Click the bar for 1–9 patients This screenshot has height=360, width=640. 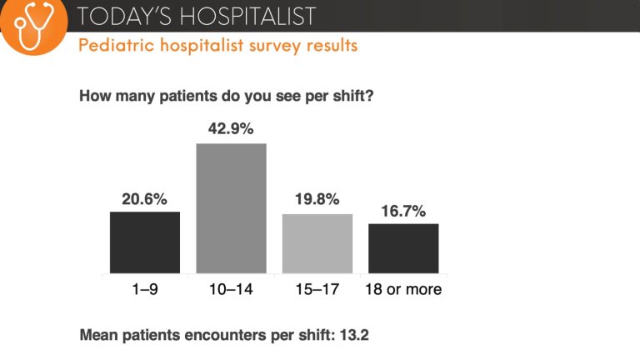click(145, 242)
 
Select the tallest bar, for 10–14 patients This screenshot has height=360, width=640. click(231, 208)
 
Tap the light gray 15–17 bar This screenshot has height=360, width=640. click(317, 243)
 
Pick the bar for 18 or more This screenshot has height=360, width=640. click(403, 248)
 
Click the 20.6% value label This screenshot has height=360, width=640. click(145, 199)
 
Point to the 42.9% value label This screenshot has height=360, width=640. click(231, 129)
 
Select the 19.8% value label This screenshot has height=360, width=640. click(317, 201)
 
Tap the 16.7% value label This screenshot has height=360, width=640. click(403, 211)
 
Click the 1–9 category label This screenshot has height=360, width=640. click(145, 290)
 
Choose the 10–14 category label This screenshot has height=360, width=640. click(231, 290)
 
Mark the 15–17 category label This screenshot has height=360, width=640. click(317, 290)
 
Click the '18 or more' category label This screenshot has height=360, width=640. click(403, 290)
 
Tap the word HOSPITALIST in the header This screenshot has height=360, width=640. click(243, 15)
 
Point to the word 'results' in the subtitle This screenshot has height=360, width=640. click(332, 45)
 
